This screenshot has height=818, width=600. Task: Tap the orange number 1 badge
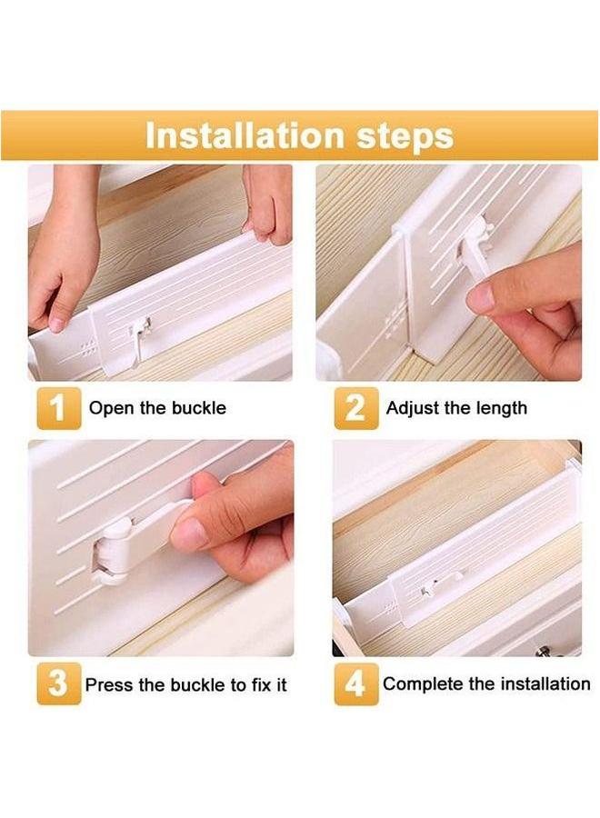pos(58,408)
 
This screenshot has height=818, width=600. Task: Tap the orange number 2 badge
pos(355,408)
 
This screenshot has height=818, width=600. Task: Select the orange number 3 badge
pos(58,683)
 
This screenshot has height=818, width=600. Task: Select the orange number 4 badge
pos(355,683)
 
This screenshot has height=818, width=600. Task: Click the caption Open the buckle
pos(157,408)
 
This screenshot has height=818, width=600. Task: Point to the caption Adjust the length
pos(456,408)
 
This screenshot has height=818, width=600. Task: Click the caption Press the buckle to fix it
pos(186,684)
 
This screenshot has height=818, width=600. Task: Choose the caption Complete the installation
pos(486,683)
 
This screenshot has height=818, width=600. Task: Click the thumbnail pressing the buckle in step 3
pos(192,533)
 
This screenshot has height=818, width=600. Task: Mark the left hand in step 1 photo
pos(62,264)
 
